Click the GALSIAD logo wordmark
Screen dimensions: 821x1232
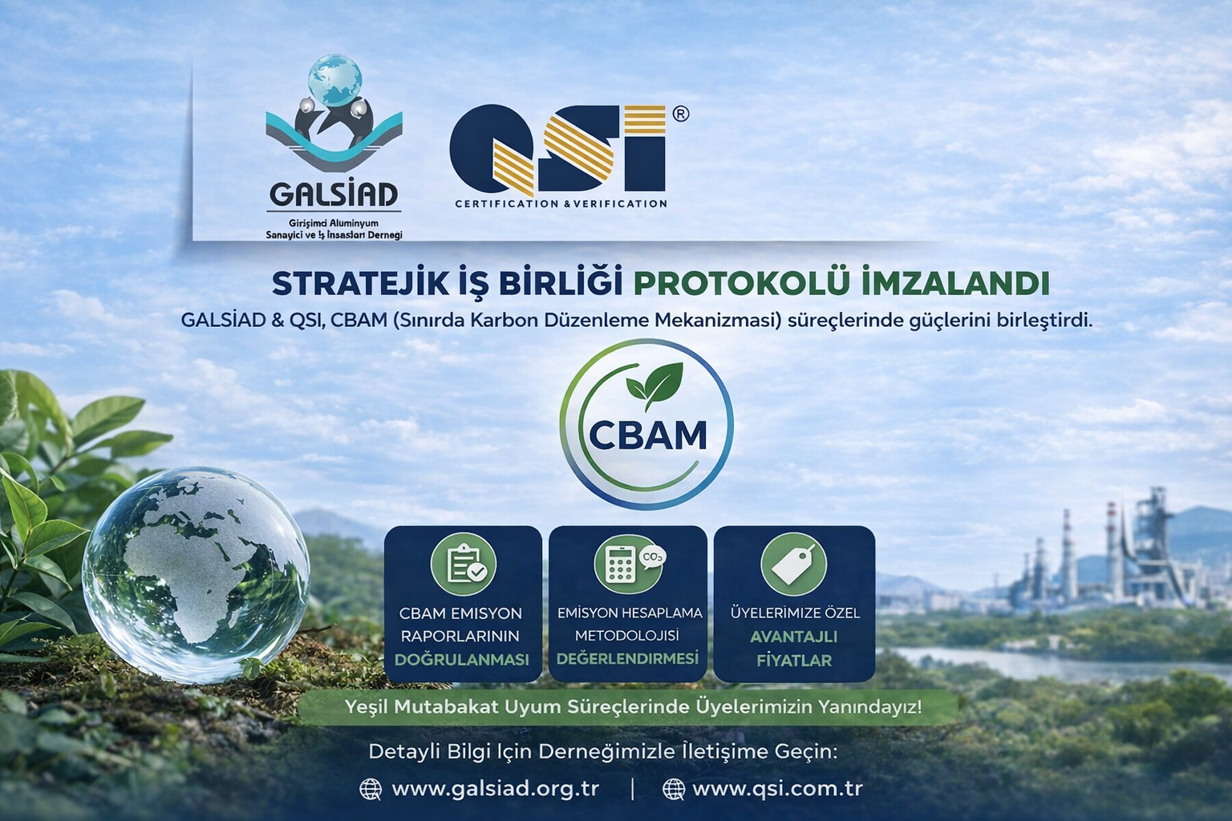tap(334, 195)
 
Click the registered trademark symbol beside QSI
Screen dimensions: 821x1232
tap(679, 114)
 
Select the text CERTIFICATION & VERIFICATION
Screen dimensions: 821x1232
tap(561, 204)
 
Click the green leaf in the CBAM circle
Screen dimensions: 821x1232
tap(654, 381)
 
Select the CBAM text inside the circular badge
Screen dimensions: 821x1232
tap(647, 435)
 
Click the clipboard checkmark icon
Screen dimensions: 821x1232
tap(464, 564)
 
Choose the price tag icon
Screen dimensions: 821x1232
tap(793, 564)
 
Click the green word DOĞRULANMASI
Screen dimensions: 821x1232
tap(462, 660)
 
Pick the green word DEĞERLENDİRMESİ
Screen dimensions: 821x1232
tap(627, 658)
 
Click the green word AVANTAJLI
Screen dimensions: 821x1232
tap(793, 637)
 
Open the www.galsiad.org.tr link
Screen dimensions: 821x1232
tap(495, 788)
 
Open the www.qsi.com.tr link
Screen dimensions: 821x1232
tap(776, 788)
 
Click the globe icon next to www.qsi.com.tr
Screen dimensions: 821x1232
tap(674, 789)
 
